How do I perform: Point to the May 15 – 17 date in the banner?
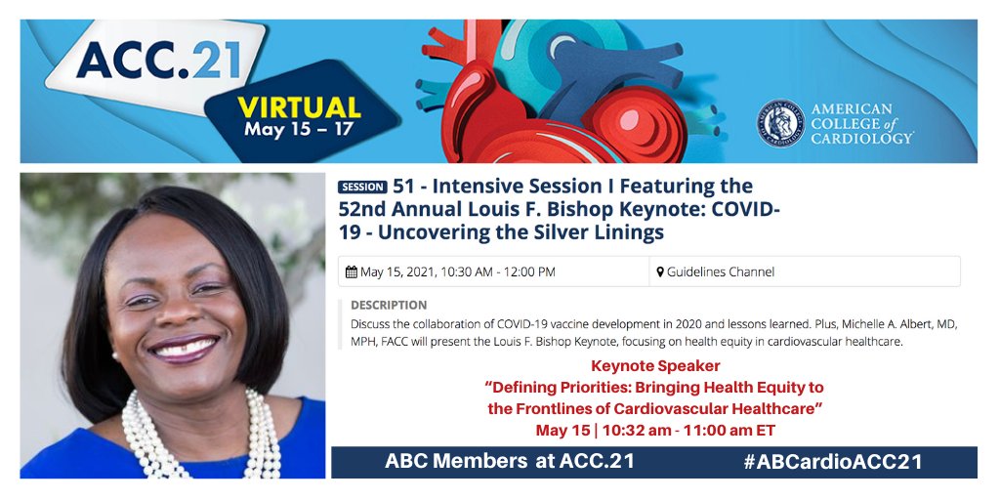tap(299, 130)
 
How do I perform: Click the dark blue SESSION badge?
tap(362, 187)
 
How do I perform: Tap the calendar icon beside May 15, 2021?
tap(352, 271)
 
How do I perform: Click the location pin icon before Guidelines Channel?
tap(660, 271)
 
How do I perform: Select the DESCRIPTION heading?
tap(388, 305)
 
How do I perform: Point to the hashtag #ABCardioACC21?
tap(832, 462)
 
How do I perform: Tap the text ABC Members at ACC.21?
tap(509, 462)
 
